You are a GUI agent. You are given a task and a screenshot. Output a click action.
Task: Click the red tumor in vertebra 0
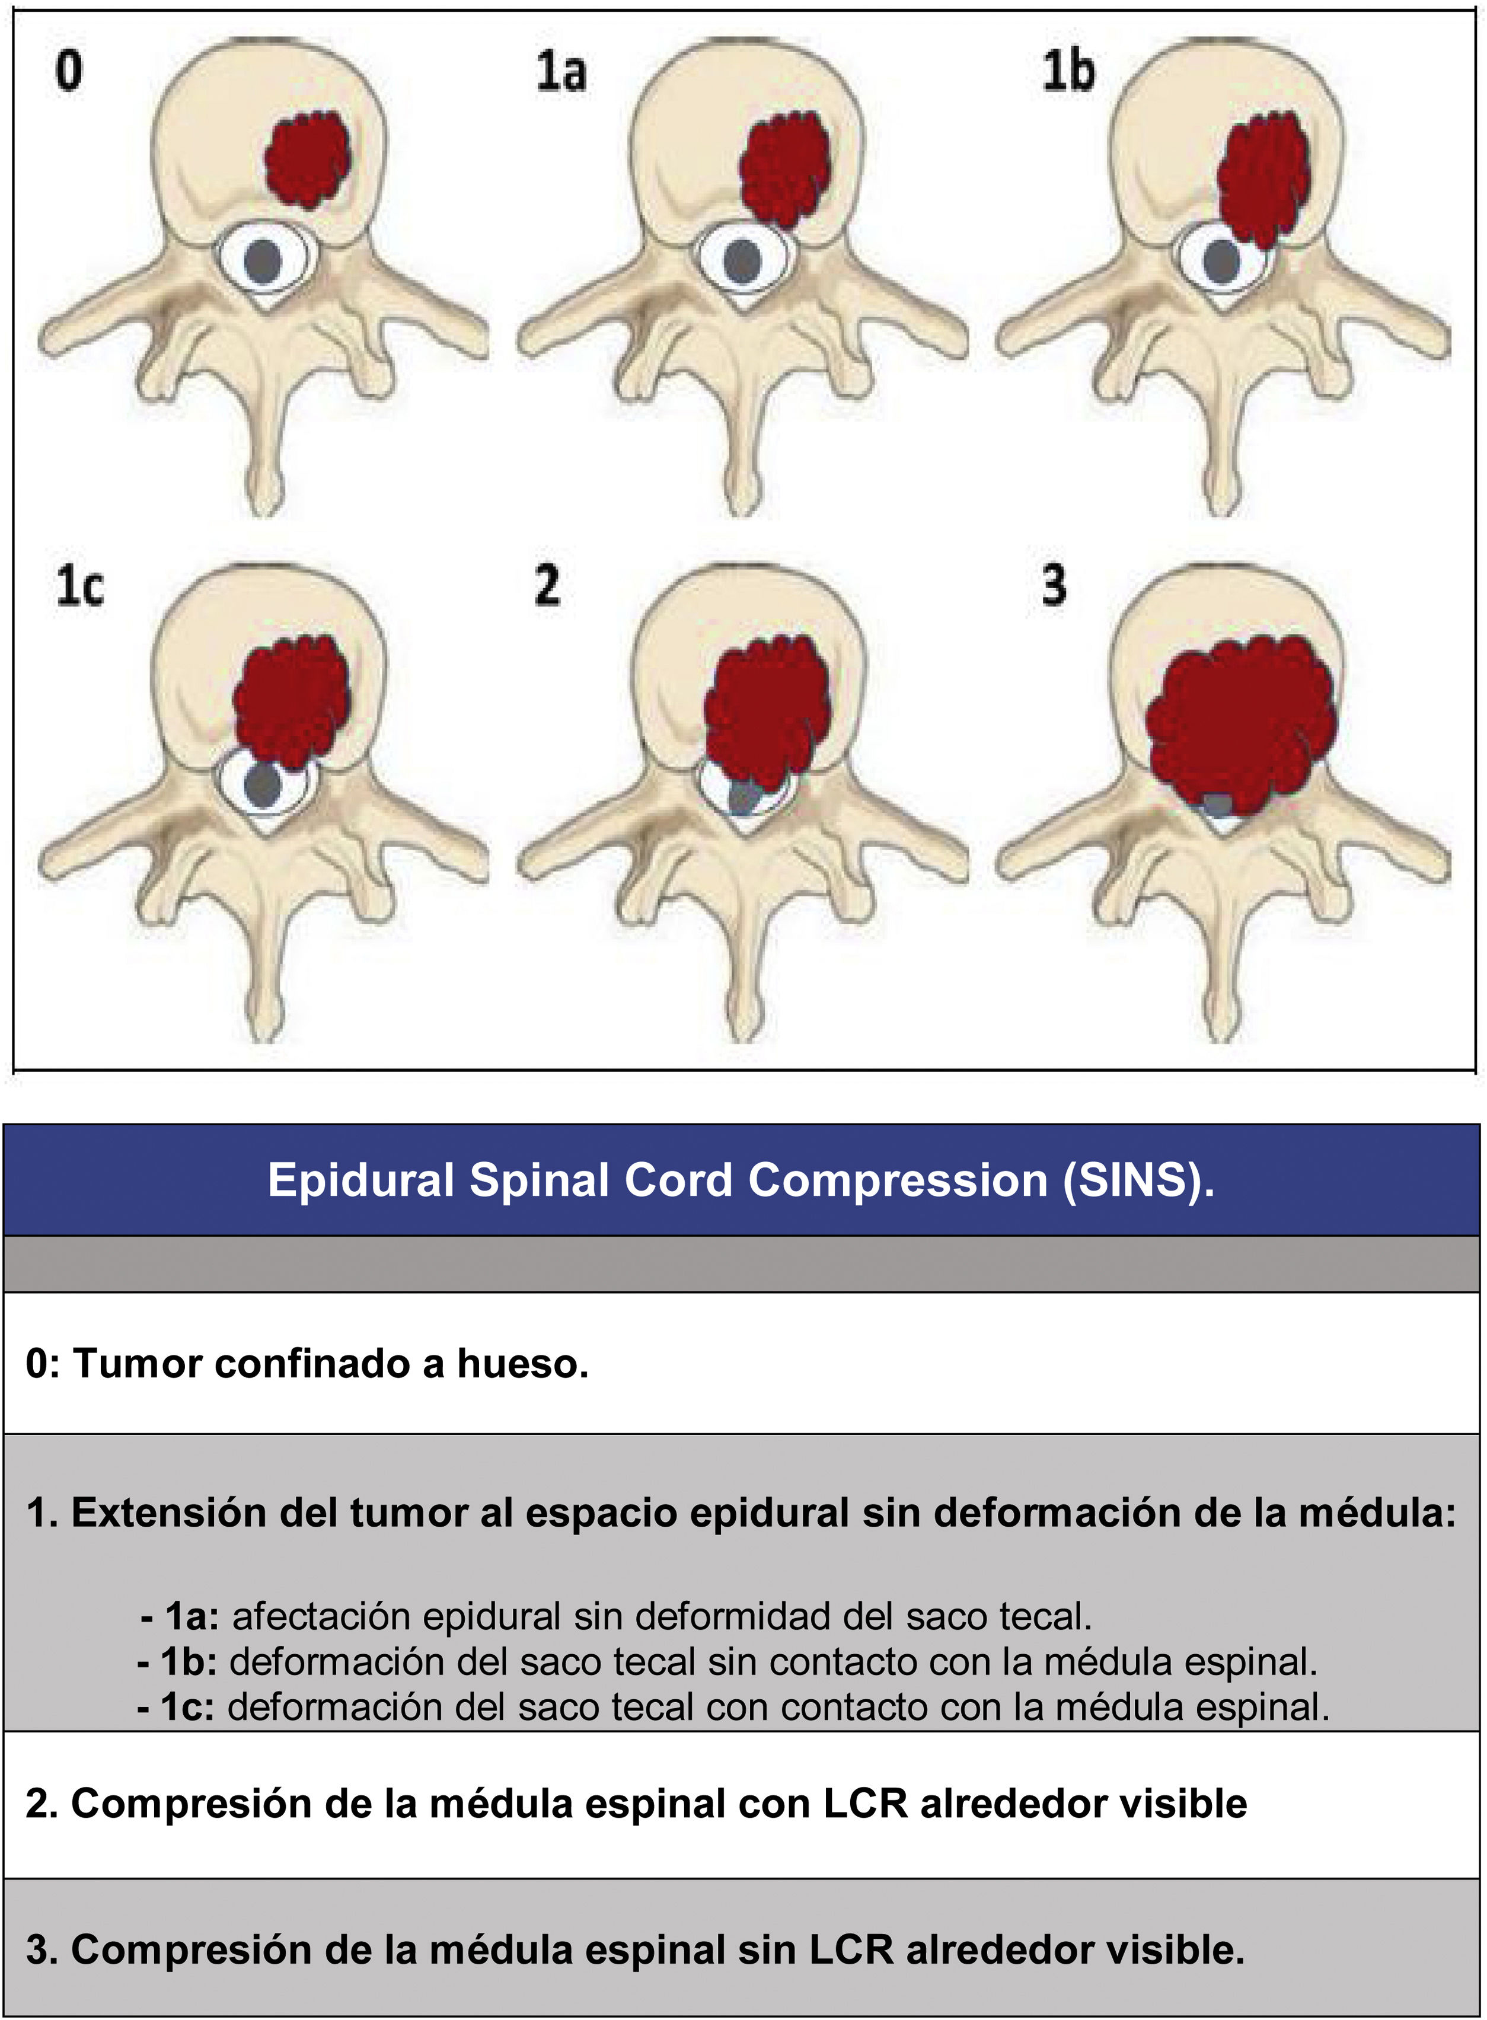(x=308, y=160)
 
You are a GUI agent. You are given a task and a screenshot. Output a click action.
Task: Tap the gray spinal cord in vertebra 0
(x=263, y=262)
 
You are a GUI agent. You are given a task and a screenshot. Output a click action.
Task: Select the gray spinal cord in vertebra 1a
(x=742, y=262)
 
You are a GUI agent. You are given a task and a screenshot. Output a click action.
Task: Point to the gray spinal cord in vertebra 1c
(x=262, y=786)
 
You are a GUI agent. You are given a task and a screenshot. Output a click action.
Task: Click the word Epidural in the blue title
(x=360, y=1180)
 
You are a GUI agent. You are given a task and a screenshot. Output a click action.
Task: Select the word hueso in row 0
(x=522, y=1364)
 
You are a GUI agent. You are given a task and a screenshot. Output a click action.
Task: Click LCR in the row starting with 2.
(x=864, y=1803)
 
